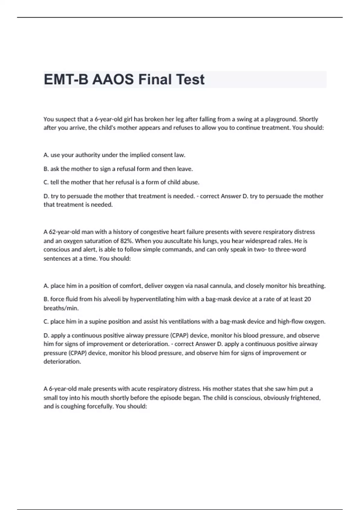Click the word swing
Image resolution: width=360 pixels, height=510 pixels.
tap(244, 119)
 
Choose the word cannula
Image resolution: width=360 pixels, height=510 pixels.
tap(220, 286)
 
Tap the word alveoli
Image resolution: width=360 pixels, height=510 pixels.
tap(112, 299)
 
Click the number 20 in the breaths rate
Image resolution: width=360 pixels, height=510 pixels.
tap(307, 299)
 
